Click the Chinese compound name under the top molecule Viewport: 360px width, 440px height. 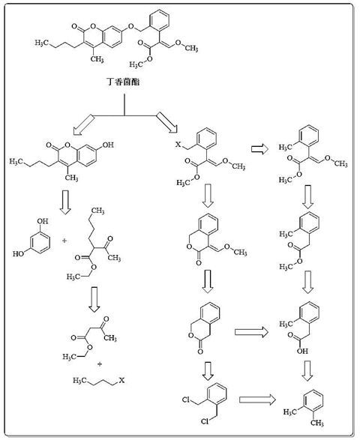coord(123,82)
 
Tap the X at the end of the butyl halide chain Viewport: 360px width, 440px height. coord(121,381)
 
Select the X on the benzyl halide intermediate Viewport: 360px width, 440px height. coord(178,145)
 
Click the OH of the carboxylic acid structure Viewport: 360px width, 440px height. coord(303,351)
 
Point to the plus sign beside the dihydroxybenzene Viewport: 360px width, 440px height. coord(64,241)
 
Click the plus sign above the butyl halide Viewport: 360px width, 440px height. coord(100,364)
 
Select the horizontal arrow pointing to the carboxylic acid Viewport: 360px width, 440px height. coord(251,332)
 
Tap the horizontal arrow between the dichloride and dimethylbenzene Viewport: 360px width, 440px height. coord(257,400)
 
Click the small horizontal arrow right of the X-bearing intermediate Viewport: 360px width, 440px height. coord(259,149)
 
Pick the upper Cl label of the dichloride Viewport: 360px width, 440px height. coord(187,400)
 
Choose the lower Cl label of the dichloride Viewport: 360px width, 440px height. coord(205,421)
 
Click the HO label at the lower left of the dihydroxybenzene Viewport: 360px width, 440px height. coord(18,254)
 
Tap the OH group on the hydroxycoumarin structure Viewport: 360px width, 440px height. coord(108,145)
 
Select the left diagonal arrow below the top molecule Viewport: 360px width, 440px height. coord(83,124)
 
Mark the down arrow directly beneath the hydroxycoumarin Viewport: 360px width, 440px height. coord(66,202)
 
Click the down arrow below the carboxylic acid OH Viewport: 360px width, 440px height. coord(307,371)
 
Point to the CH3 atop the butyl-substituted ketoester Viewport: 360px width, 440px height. coord(97,211)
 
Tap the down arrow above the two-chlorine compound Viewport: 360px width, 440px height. coord(208,371)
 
